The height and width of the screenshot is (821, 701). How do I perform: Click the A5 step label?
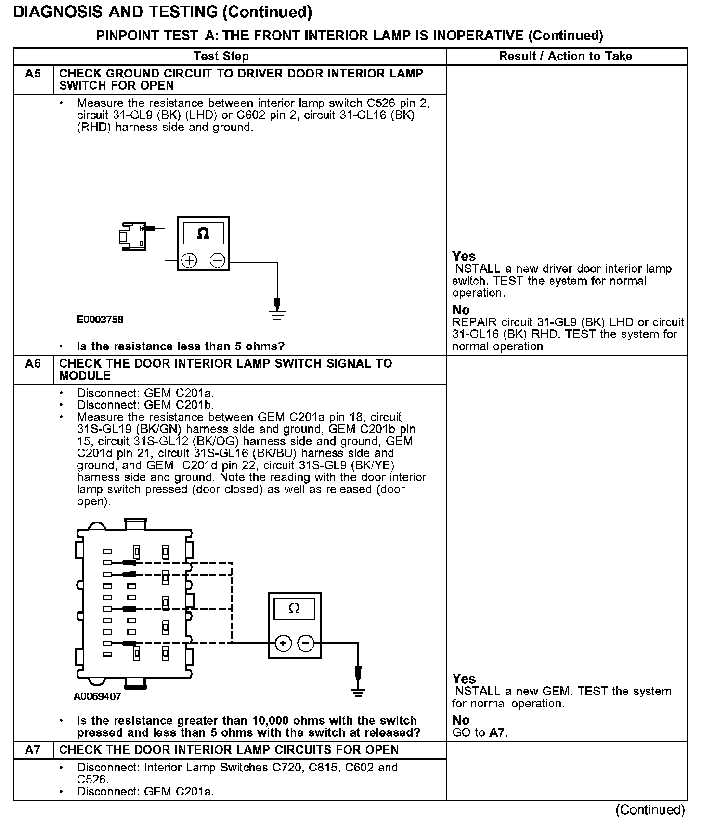pyautogui.click(x=33, y=74)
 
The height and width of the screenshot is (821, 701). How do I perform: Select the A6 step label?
pyautogui.click(x=33, y=364)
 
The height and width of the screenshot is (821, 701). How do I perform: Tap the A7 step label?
pyautogui.click(x=33, y=750)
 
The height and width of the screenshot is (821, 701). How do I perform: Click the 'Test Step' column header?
pyautogui.click(x=221, y=56)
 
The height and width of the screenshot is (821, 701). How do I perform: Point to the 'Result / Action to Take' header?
pyautogui.click(x=565, y=56)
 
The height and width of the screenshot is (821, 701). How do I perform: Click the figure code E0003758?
pyautogui.click(x=100, y=320)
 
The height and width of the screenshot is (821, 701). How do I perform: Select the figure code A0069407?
pyautogui.click(x=97, y=696)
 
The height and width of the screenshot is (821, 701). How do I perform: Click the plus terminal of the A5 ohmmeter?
pyautogui.click(x=189, y=261)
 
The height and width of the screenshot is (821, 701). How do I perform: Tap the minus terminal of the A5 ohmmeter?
pyautogui.click(x=217, y=261)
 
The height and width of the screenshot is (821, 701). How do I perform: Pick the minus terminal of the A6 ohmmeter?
pyautogui.click(x=306, y=643)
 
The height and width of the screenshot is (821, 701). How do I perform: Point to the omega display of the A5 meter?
pyautogui.click(x=203, y=234)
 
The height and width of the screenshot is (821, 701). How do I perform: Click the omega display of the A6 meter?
pyautogui.click(x=294, y=609)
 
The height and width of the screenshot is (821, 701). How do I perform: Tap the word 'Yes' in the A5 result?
pyautogui.click(x=464, y=257)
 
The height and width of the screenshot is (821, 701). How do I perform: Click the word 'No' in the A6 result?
pyautogui.click(x=461, y=720)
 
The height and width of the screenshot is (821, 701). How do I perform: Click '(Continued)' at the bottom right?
pyautogui.click(x=649, y=809)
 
